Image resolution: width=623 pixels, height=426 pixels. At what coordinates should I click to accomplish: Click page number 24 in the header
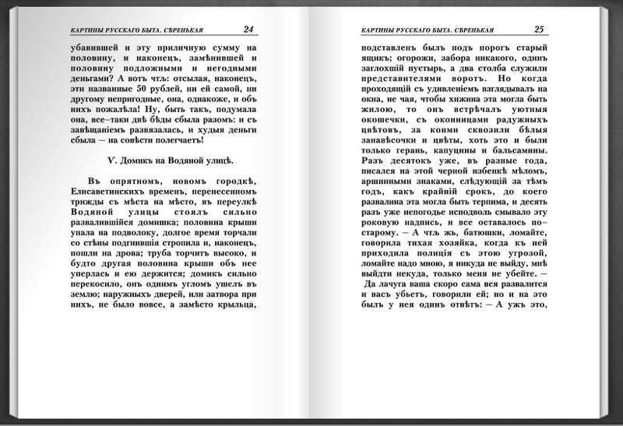[x=248, y=30]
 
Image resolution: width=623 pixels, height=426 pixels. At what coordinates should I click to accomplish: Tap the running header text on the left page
[x=131, y=30]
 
